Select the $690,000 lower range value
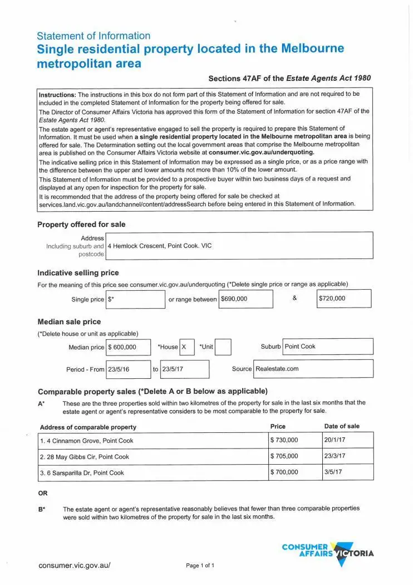coord(245,299)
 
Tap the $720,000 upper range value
coord(343,299)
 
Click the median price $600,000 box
coord(129,347)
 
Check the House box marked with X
coord(187,347)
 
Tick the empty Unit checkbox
coord(223,347)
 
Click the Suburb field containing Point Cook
coord(328,347)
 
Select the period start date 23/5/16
coord(120,369)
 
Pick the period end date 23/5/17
coord(184,369)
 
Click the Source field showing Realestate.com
coord(313,369)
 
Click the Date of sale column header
coord(342,426)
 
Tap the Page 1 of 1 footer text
coord(200,565)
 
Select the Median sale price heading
coord(69,321)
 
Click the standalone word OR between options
coord(42,493)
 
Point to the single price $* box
coord(135,299)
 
